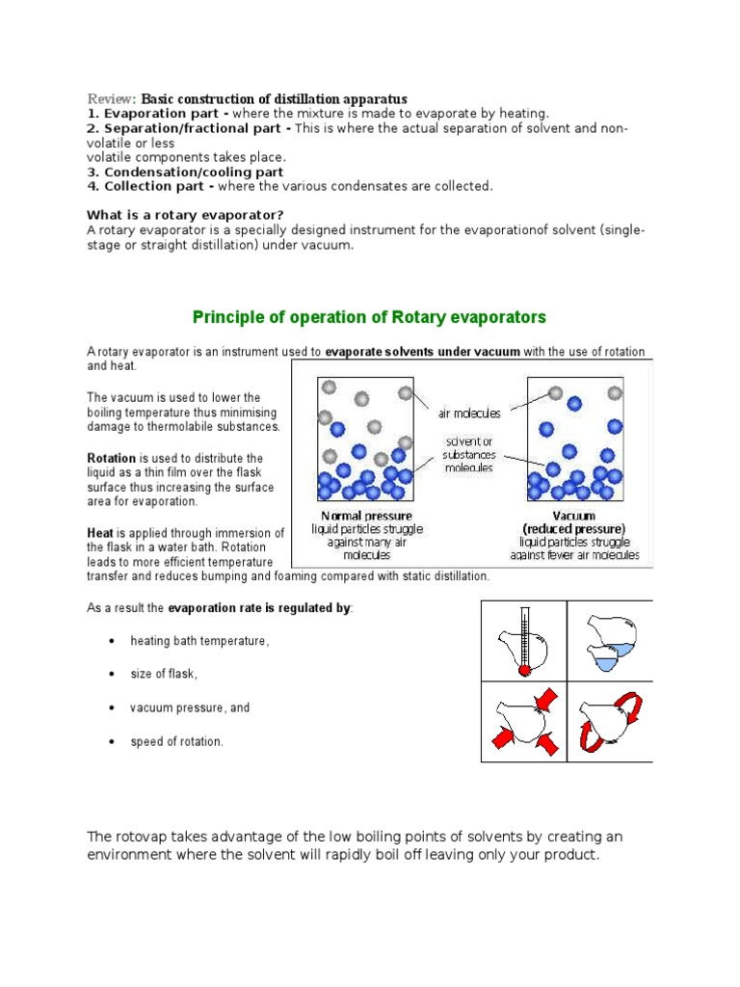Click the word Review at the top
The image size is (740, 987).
click(x=112, y=99)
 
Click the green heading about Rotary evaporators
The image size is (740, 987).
click(x=369, y=317)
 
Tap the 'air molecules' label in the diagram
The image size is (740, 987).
click(x=469, y=413)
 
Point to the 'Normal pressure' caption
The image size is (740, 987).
click(x=358, y=516)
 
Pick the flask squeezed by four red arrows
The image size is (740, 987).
click(x=522, y=722)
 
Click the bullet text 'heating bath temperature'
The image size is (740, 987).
click(x=199, y=641)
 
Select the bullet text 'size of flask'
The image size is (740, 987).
click(x=164, y=674)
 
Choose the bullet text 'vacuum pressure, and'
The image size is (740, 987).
click(x=190, y=707)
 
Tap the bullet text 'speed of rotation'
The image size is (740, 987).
click(x=177, y=741)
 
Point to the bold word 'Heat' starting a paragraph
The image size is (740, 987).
click(x=100, y=533)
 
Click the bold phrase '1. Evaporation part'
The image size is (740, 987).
click(x=150, y=114)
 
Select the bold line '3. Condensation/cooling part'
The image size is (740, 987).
click(x=185, y=172)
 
